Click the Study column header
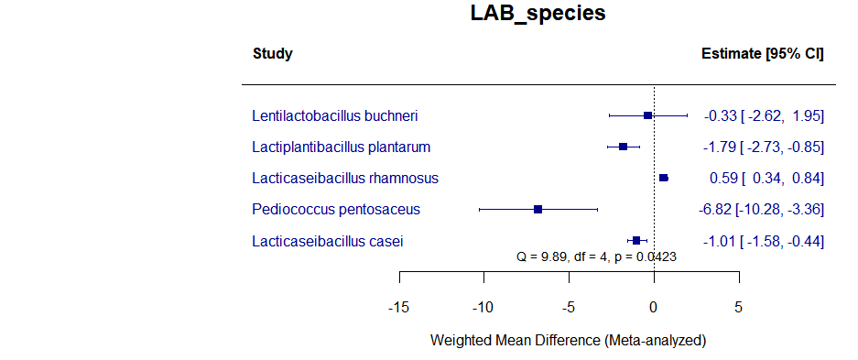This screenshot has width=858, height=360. (272, 54)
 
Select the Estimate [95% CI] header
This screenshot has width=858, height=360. (762, 54)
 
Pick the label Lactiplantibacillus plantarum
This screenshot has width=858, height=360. (341, 147)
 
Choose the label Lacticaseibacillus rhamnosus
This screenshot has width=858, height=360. (345, 179)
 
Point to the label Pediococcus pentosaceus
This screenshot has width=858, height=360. (336, 210)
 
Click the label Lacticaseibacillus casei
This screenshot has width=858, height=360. (327, 241)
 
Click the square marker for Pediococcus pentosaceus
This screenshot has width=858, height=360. (538, 210)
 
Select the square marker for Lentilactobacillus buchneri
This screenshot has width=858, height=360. (648, 116)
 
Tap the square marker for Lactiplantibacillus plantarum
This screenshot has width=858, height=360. (624, 147)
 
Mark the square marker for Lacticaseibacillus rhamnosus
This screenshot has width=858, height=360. (664, 179)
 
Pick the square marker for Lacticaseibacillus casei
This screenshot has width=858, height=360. (636, 241)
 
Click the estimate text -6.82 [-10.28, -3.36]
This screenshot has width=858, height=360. (761, 210)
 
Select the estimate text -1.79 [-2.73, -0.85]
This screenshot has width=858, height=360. (764, 147)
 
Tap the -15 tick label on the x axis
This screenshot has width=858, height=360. (398, 307)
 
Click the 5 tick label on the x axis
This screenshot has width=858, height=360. (739, 307)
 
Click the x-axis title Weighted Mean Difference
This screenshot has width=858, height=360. (568, 340)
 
